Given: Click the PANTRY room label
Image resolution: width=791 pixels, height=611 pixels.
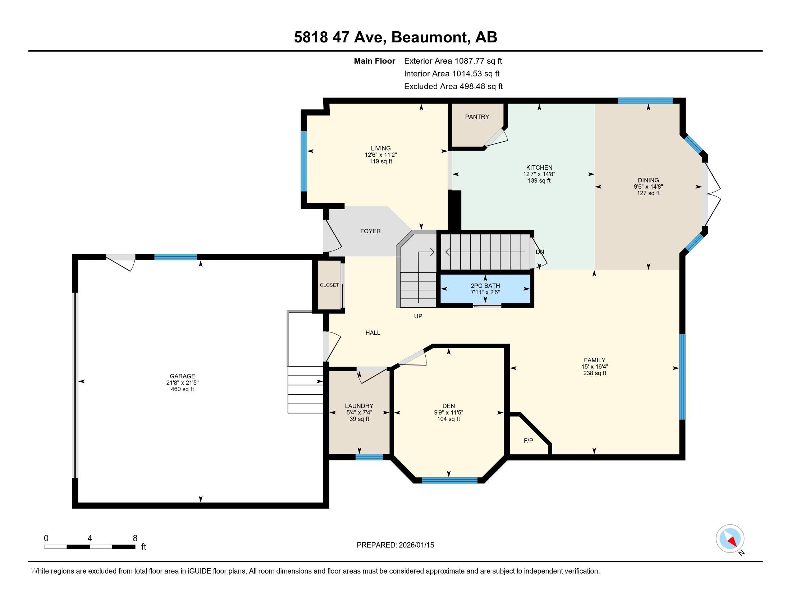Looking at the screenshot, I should [x=477, y=117].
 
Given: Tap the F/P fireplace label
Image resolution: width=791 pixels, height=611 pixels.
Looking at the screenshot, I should [x=529, y=441].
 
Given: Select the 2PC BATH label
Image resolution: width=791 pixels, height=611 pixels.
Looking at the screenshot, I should [x=485, y=286].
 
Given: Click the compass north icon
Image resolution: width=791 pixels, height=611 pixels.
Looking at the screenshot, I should [x=730, y=538].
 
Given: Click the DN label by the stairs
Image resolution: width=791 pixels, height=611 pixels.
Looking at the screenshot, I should [x=540, y=252].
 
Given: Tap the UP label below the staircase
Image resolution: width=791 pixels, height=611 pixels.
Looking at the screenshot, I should [x=418, y=316].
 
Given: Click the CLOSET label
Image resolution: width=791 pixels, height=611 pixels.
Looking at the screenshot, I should [x=329, y=285].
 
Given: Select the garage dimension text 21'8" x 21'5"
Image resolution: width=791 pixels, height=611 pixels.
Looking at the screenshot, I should [x=182, y=383].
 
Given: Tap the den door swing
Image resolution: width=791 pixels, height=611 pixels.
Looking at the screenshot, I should [x=413, y=358].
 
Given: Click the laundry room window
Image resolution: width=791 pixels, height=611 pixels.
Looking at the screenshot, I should [x=369, y=457].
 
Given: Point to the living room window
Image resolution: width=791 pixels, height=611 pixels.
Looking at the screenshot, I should [x=304, y=161].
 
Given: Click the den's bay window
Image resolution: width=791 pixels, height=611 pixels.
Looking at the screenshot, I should [x=449, y=480].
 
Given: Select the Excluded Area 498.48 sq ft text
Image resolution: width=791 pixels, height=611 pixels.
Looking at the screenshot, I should [x=453, y=87].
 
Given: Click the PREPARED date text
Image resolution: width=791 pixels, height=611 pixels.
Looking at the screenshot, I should [x=395, y=545].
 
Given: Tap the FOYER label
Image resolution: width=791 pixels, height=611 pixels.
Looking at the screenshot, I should [x=370, y=231].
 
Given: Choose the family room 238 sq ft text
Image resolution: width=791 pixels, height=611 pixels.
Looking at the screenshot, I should [x=594, y=373].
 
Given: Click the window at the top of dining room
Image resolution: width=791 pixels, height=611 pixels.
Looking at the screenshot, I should [x=645, y=101].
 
